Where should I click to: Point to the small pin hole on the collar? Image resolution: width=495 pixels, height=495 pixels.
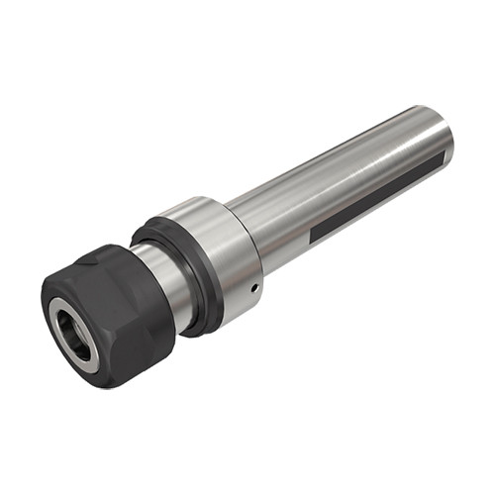tap(254, 287)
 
